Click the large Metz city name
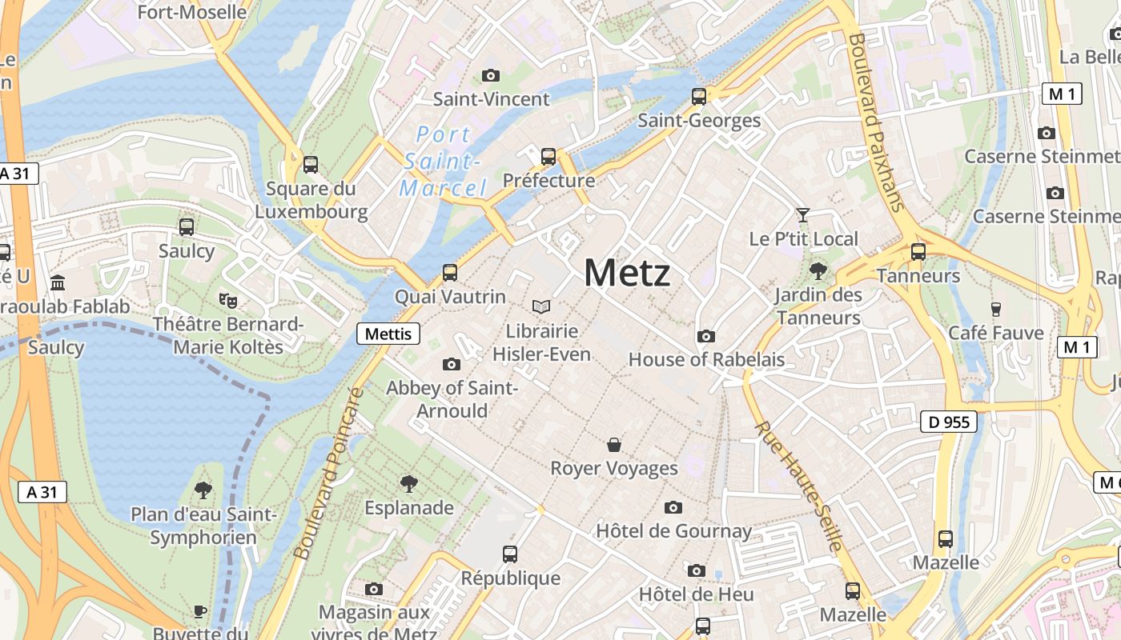[x=627, y=273]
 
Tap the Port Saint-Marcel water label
[x=444, y=161]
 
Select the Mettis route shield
[x=388, y=334]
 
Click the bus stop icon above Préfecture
[x=548, y=157]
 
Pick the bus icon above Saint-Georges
[x=699, y=97]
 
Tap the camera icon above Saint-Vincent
[x=491, y=76]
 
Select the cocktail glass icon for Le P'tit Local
[x=803, y=214]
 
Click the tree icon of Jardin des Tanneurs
[x=818, y=270]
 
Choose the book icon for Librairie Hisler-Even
[x=541, y=306]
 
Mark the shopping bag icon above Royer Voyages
[x=614, y=445]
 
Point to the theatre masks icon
[x=228, y=300]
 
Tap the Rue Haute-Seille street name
[x=798, y=487]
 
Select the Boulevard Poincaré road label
[x=328, y=474]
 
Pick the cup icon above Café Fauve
[x=996, y=309]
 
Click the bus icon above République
[x=510, y=554]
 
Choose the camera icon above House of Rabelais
[x=706, y=336]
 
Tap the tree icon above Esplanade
[x=409, y=483]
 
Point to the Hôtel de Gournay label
[x=673, y=530]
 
